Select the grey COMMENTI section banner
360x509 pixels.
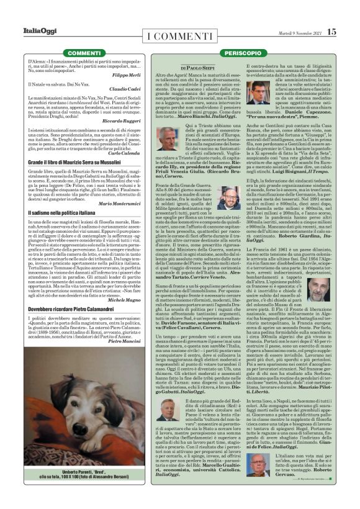click(84, 54)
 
